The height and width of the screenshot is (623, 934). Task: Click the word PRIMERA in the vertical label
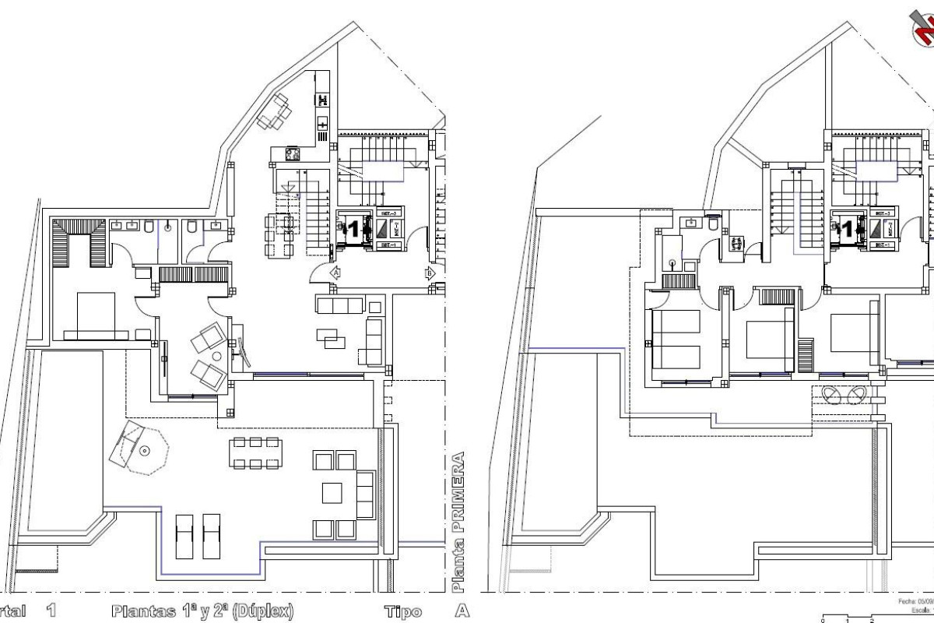tap(460, 486)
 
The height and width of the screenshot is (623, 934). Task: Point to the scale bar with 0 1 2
tap(856, 618)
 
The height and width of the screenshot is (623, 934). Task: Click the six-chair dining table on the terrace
tap(255, 452)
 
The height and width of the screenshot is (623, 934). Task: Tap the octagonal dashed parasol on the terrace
tap(143, 449)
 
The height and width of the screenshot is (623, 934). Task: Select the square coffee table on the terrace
tap(332, 494)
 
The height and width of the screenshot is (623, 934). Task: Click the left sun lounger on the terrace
tap(184, 535)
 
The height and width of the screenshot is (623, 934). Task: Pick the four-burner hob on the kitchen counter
tap(293, 154)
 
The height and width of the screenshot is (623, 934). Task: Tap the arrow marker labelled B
tap(429, 273)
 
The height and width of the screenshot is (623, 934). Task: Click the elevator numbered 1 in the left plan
tap(353, 229)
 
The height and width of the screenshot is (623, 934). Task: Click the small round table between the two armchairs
tap(217, 356)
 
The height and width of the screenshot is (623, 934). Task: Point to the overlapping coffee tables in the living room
tap(327, 336)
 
